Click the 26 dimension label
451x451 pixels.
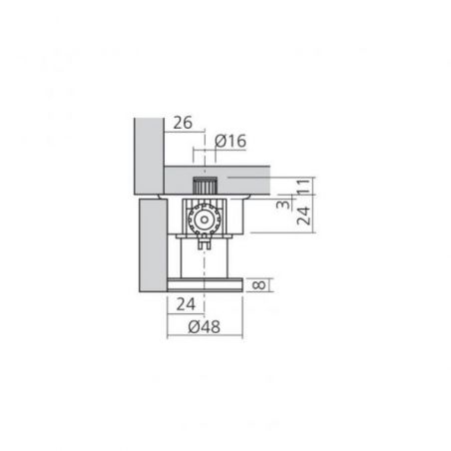point(183,123)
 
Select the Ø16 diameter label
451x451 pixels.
point(230,141)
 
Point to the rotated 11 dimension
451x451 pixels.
point(303,186)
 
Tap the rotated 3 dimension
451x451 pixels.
point(283,203)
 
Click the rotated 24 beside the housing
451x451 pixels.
point(303,216)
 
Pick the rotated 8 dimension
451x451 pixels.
point(259,285)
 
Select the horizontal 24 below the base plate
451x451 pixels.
point(186,304)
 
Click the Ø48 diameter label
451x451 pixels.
point(204,326)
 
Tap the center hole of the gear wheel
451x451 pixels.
point(204,220)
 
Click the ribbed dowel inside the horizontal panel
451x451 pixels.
point(205,186)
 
